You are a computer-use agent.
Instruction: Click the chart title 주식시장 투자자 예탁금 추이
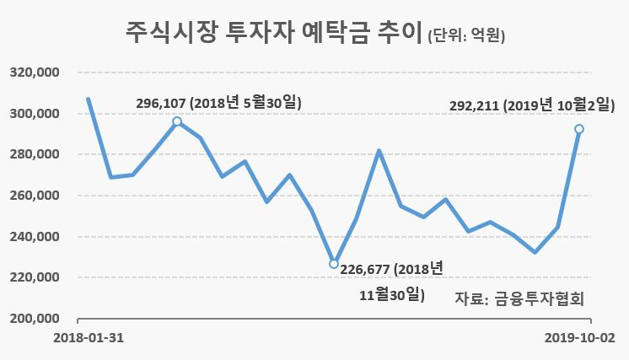coord(274,33)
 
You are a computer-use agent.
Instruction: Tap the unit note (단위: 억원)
coord(466,35)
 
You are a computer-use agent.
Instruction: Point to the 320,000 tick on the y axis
coord(35,73)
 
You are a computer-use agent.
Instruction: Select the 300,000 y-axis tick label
coord(35,114)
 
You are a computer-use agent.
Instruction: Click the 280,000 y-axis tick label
coord(35,154)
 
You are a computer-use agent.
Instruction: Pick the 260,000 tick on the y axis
coord(35,196)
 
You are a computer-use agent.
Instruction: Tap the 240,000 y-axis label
coord(35,237)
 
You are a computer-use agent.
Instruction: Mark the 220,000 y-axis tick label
coord(35,277)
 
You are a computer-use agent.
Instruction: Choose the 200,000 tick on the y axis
coord(35,319)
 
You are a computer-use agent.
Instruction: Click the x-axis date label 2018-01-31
coord(89,338)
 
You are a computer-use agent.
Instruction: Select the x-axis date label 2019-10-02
coord(579,338)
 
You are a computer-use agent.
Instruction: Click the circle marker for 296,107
coord(177,121)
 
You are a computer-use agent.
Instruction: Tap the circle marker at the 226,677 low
coord(334,264)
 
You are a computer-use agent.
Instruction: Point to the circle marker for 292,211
coord(579,129)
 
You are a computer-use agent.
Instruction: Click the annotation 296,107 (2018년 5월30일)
coord(218,103)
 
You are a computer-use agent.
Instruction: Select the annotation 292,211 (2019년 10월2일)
coord(532,105)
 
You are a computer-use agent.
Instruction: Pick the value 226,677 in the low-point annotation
coord(365,270)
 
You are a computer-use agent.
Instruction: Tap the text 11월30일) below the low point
coord(392,295)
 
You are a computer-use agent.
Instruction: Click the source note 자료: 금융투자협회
coord(519,298)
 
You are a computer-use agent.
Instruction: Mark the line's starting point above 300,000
coord(89,99)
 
